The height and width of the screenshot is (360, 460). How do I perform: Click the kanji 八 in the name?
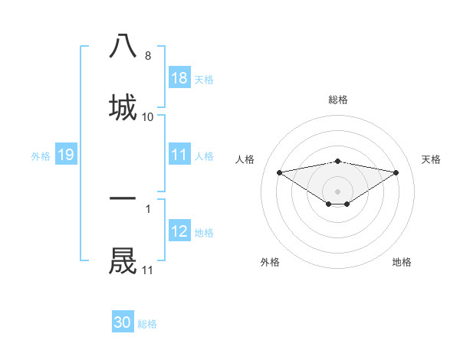point(123,46)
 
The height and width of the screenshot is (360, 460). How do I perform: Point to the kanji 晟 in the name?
point(123,260)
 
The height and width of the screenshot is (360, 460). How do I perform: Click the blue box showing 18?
point(179,78)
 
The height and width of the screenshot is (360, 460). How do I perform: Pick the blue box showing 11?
point(179,155)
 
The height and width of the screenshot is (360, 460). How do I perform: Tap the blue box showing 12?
point(179,232)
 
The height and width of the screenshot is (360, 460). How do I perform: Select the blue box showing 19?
point(65,155)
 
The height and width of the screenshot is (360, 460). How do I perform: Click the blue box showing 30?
point(123,322)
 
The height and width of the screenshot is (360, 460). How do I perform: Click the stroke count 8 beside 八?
point(148,56)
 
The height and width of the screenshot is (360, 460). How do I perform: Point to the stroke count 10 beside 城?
point(148,117)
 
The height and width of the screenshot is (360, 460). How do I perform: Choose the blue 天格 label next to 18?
point(204,79)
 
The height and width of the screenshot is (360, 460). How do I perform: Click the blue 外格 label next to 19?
point(41,156)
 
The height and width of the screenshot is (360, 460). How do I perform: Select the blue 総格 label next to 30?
point(147,324)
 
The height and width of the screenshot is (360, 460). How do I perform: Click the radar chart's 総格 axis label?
point(338,100)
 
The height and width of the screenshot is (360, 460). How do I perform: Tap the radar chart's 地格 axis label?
point(402,262)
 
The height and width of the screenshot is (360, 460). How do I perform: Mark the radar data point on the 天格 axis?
point(396,172)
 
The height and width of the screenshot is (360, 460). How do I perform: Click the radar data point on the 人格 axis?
point(280,172)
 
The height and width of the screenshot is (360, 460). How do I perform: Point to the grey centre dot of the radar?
point(338,191)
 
